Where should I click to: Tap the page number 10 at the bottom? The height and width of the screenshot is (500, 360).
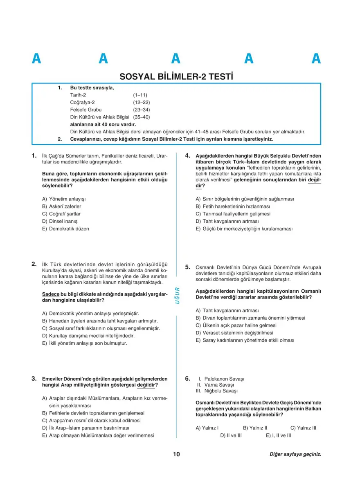176,454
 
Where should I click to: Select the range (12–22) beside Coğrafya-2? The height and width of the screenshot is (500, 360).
141,102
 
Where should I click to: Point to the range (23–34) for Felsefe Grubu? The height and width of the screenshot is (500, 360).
141,110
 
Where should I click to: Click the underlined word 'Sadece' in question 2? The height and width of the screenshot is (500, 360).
51,294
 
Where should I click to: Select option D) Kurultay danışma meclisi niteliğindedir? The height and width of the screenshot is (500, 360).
88,336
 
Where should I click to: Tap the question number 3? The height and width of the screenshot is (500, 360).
35,379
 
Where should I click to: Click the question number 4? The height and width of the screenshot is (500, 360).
188,156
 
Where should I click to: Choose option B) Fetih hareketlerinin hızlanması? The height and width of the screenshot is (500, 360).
233,206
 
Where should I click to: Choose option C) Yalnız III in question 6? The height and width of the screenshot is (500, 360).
303,428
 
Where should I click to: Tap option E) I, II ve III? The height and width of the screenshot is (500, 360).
278,435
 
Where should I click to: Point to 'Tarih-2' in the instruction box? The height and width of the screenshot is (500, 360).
78,95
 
